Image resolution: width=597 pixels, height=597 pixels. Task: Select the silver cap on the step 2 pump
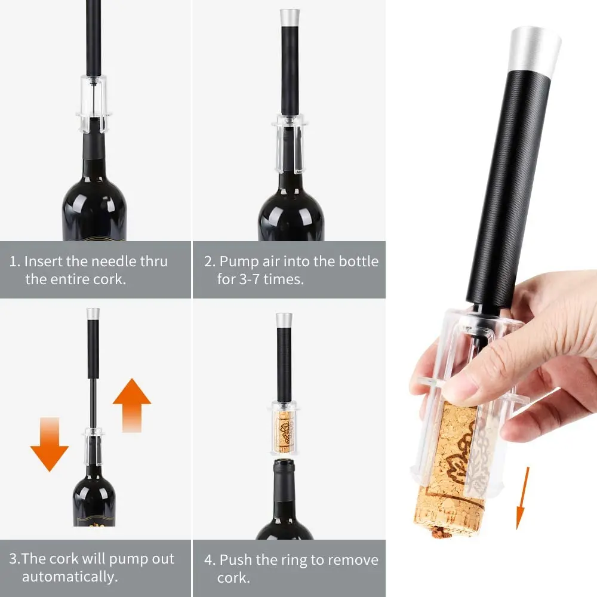(290, 16)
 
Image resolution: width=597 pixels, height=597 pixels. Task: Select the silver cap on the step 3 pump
(93, 314)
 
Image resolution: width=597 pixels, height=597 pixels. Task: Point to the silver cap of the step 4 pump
(284, 319)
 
